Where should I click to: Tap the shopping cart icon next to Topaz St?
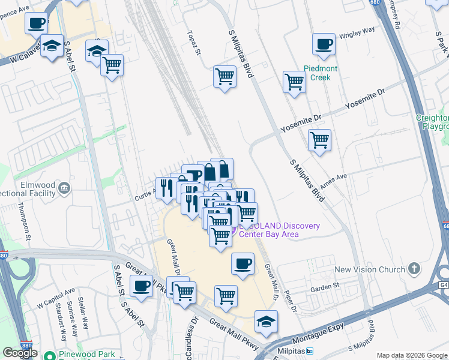[224, 76]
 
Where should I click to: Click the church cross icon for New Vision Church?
[414, 269]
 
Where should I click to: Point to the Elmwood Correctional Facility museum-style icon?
[63, 190]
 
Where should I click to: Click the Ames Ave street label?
[334, 182]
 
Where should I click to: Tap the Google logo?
[20, 353]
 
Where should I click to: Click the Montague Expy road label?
[316, 338]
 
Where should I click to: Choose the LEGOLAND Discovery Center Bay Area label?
[279, 230]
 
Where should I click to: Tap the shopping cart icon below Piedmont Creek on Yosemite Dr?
[319, 140]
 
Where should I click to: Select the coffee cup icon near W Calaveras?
[36, 23]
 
